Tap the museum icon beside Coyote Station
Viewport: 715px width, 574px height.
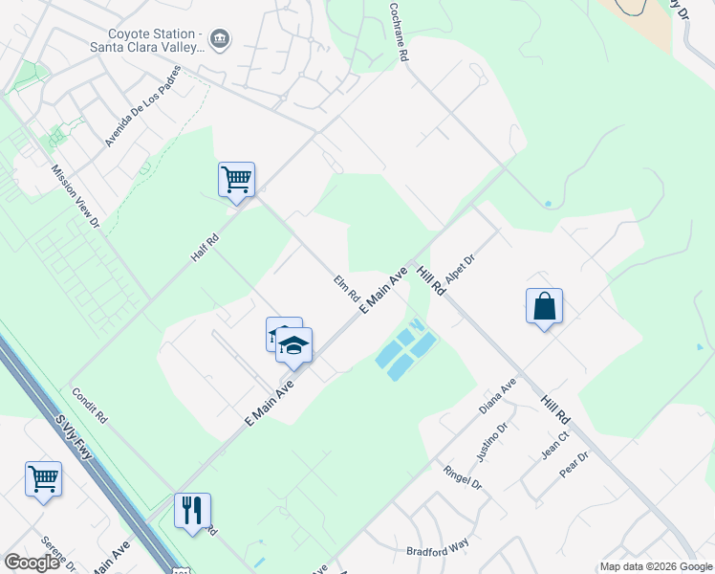click(221, 38)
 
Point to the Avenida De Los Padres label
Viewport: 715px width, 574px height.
click(142, 106)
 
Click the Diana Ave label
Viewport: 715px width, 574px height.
click(497, 394)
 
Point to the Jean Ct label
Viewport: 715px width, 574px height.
click(555, 445)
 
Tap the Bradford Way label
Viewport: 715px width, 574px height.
click(438, 545)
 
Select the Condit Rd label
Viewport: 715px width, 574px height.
click(89, 406)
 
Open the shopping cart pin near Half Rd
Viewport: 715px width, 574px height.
click(236, 179)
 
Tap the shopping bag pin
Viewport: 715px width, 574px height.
click(544, 306)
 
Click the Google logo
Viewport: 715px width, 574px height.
click(32, 563)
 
